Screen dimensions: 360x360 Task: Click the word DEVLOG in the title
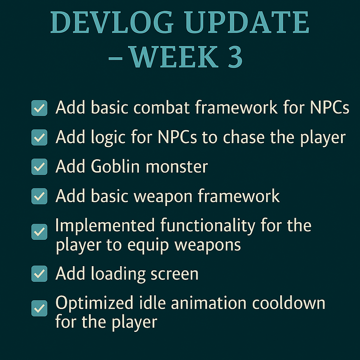[x=112, y=22]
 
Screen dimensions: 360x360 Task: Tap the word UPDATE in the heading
[x=247, y=22]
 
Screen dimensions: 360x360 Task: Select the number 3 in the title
[x=235, y=57]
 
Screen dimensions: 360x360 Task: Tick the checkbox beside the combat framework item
[x=39, y=108]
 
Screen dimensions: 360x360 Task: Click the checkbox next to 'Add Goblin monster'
[x=39, y=167]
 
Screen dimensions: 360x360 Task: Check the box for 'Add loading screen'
[x=39, y=274]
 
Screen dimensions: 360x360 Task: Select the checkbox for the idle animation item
[x=39, y=308]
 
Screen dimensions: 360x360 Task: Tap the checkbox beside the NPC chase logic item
[x=39, y=137]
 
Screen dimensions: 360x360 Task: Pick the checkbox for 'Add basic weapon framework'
[x=39, y=196]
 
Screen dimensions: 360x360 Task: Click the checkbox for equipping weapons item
[x=39, y=232]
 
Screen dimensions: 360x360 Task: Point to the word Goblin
[x=115, y=166]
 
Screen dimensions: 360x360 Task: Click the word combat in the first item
[x=161, y=107]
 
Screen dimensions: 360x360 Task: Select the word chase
[x=244, y=137]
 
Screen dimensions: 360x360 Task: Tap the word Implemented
[x=105, y=225]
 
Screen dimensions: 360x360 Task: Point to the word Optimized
[x=94, y=303]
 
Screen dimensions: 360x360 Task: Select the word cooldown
[x=289, y=303]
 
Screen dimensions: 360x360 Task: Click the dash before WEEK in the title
[x=115, y=59]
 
